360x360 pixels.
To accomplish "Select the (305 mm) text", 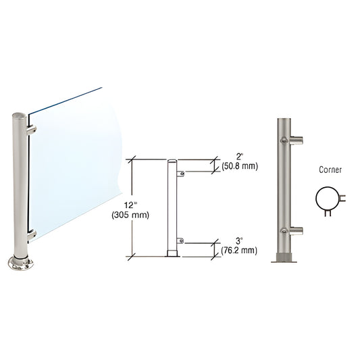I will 134,215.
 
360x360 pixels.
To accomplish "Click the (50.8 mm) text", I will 240,167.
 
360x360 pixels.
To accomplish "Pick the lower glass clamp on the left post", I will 32,234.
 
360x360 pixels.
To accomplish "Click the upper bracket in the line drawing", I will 180,174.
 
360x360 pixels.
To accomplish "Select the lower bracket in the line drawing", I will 180,240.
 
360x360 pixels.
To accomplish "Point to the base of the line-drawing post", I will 172,255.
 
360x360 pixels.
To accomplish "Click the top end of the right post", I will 282,121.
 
